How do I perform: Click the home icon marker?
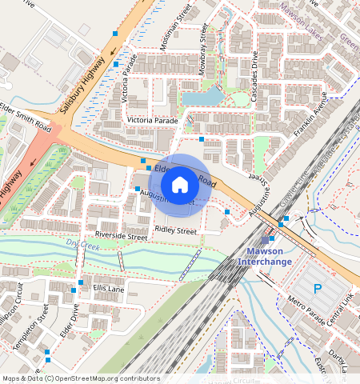pos(180,185)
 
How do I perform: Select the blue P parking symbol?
pos(318,289)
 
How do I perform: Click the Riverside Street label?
pos(121,236)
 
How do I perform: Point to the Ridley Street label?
pos(175,230)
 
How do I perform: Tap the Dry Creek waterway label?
pos(82,245)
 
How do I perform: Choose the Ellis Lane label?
pos(108,287)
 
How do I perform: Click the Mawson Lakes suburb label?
pos(307,12)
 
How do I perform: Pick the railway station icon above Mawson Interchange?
pos(265,240)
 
